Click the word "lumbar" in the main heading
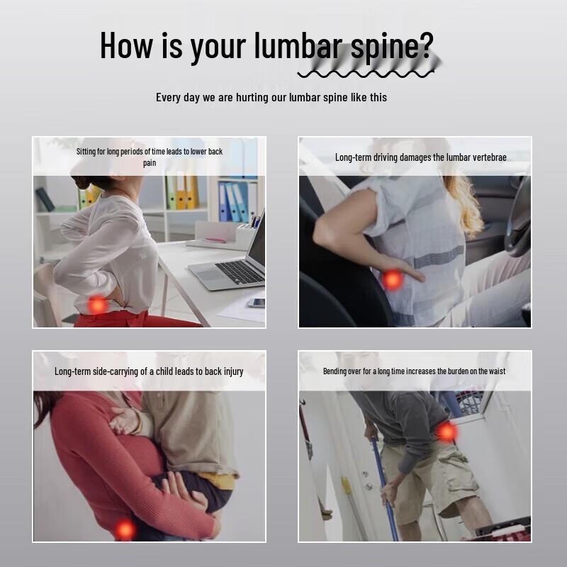[x=298, y=45]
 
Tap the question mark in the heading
[x=427, y=45]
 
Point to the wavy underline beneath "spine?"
[x=366, y=74]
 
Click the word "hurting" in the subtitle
[x=252, y=97]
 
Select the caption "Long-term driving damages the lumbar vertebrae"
[x=420, y=157]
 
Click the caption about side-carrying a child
[x=149, y=371]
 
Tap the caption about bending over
[x=414, y=371]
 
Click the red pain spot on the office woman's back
[x=97, y=305]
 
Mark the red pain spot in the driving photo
[x=393, y=279]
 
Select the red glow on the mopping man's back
[x=447, y=432]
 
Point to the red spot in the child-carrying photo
[x=125, y=530]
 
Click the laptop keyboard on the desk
[x=240, y=272]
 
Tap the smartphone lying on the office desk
[x=257, y=303]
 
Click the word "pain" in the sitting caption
[x=150, y=163]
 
